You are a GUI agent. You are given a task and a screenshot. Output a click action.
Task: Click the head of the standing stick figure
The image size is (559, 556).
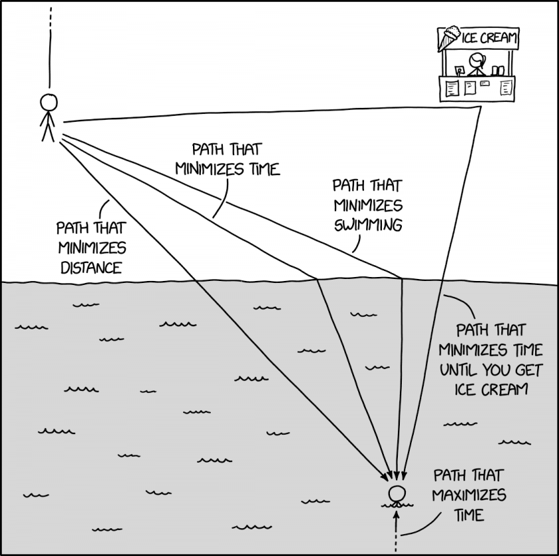tap(48, 102)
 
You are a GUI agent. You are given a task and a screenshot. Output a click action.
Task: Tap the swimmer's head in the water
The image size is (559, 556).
tap(397, 494)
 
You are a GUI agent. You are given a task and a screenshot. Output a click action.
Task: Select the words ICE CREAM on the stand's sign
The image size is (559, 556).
tap(489, 38)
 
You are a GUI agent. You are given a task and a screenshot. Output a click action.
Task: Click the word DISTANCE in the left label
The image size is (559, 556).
tap(91, 268)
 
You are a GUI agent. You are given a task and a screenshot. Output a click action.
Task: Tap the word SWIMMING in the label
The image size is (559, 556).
tap(368, 225)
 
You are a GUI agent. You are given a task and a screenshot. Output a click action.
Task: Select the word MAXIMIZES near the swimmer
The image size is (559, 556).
tap(468, 495)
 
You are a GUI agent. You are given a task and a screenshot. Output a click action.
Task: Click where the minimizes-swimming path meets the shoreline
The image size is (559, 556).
tap(402, 278)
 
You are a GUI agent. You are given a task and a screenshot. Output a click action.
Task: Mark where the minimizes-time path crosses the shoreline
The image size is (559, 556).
tap(316, 279)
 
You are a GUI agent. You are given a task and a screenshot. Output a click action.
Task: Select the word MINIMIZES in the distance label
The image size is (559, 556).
tap(91, 248)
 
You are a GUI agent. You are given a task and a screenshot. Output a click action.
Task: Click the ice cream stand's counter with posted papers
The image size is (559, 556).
tap(477, 87)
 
